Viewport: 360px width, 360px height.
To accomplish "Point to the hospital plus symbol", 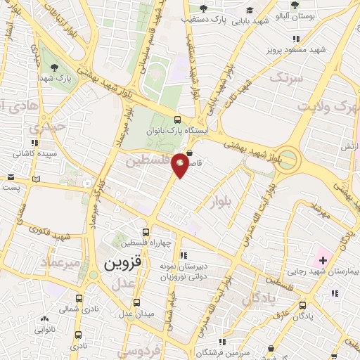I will (x=323, y=261).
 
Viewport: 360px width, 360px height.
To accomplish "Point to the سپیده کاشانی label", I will (x=35, y=153).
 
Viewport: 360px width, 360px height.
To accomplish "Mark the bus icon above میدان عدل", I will (x=137, y=303).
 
